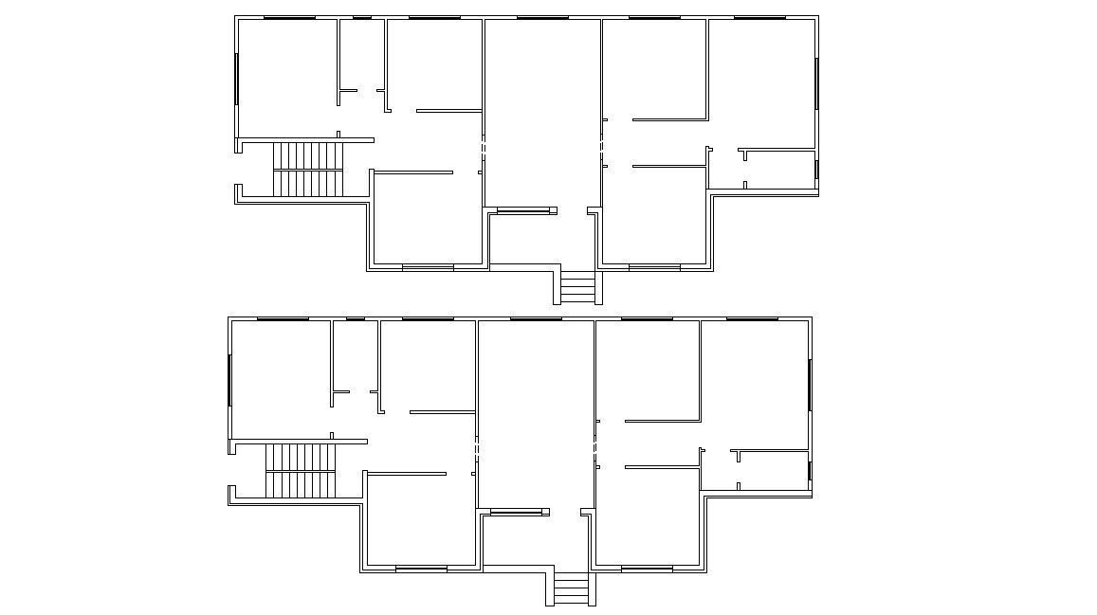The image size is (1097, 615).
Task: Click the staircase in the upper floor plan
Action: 307,170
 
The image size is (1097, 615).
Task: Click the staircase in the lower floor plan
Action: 301,471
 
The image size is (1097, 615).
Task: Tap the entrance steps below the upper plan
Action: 577,287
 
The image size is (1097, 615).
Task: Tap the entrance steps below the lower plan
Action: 570,589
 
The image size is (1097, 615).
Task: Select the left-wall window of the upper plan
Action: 237,79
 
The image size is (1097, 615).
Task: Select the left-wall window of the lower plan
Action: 229,380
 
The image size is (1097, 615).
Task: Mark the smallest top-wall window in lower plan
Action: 356,319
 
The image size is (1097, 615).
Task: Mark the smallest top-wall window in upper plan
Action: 362,17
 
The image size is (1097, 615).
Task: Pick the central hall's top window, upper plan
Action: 542,17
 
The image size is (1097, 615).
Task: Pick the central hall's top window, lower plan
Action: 536,319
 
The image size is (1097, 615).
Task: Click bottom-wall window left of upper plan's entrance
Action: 428,268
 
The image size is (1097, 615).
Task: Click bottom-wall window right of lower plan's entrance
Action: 647,570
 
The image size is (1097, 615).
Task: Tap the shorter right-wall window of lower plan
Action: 809,471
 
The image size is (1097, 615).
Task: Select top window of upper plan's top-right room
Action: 759,17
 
